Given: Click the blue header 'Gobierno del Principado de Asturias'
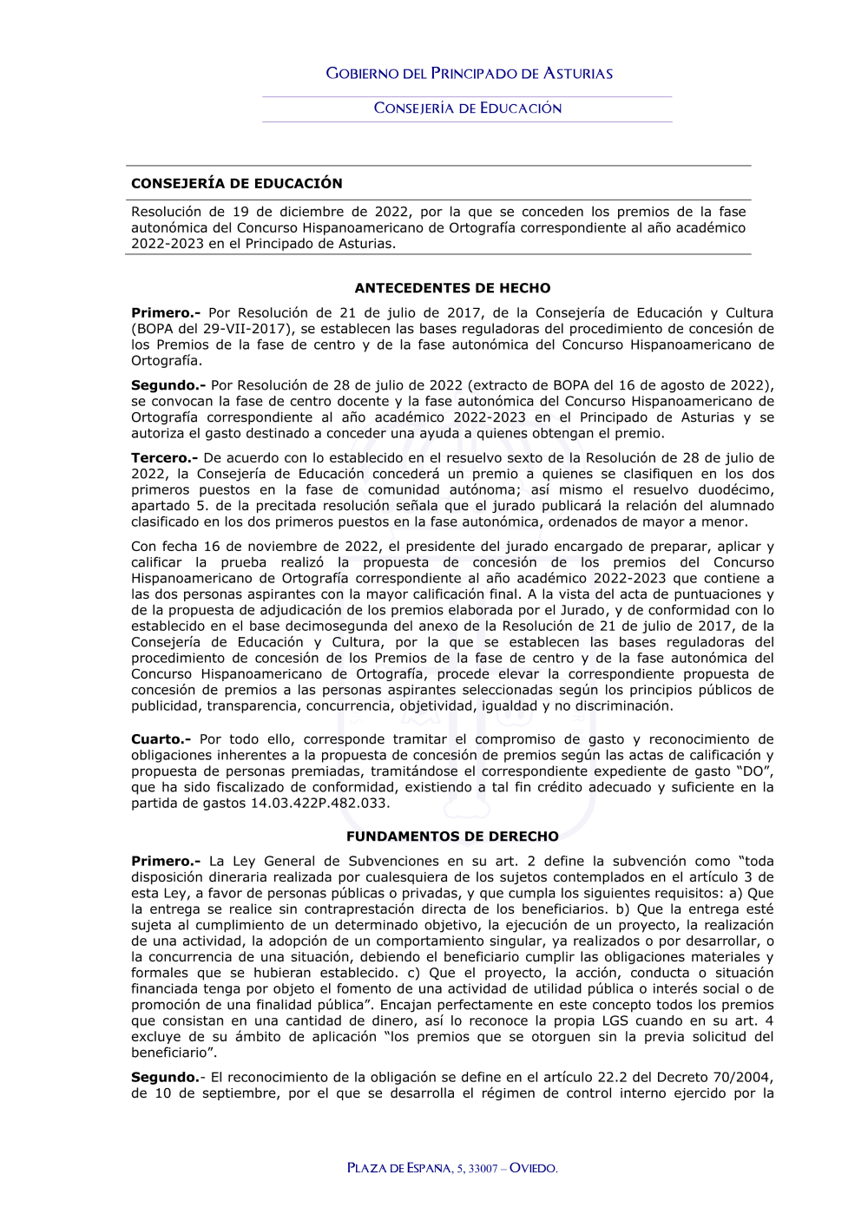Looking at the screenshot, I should point(469,74).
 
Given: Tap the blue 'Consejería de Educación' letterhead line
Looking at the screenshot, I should point(467,108).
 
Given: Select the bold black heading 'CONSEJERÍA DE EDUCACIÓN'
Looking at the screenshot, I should point(236,183).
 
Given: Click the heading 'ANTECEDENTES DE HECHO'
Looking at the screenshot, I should point(452,288).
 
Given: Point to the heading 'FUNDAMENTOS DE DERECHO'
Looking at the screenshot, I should point(452,837).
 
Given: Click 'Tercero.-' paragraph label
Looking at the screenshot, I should point(164,458).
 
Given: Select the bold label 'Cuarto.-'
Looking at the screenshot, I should point(161,739).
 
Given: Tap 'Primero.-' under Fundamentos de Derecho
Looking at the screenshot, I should point(165,862).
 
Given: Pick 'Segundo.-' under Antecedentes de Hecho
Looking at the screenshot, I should point(168,385).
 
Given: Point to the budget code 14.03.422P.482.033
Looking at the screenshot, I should point(319,804).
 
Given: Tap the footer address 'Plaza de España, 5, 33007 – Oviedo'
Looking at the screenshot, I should point(452,1168).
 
